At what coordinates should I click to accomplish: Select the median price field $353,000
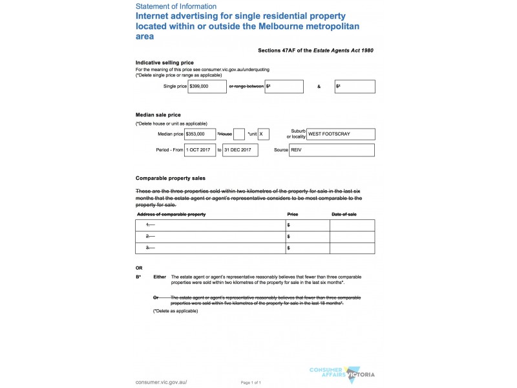(x=200, y=134)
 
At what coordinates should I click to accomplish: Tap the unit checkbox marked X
(x=263, y=134)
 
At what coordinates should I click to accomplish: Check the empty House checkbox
(x=239, y=134)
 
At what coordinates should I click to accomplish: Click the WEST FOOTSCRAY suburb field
(x=341, y=134)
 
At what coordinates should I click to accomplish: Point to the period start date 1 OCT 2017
(x=200, y=150)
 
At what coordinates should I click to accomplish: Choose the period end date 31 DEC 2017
(x=240, y=150)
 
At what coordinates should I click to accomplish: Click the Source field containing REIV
(x=332, y=150)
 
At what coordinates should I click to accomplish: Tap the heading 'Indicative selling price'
(x=164, y=62)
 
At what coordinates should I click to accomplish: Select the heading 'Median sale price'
(x=158, y=114)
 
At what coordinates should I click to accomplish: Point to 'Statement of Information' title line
(x=176, y=6)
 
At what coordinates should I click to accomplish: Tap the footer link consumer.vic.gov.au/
(x=162, y=382)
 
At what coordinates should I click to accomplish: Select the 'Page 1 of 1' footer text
(x=251, y=383)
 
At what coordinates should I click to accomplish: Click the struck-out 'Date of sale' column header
(x=344, y=214)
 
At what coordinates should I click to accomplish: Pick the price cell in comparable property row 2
(x=307, y=237)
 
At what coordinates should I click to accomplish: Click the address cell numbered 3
(x=210, y=248)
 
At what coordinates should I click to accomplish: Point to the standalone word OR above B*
(x=139, y=267)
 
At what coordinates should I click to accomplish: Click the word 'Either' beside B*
(x=160, y=277)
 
